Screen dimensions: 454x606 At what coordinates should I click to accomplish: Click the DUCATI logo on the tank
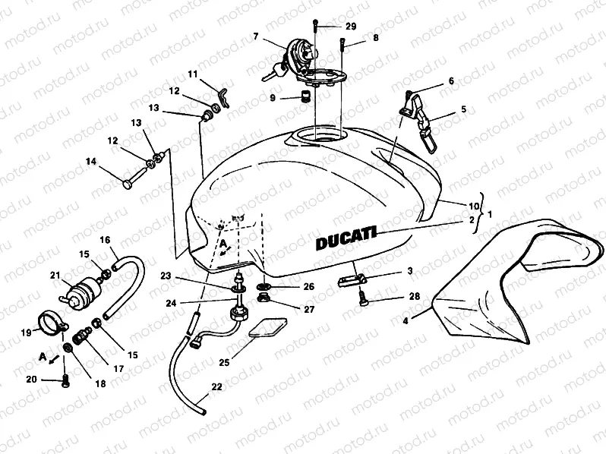(344, 240)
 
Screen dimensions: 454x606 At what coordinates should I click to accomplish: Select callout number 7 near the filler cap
(256, 36)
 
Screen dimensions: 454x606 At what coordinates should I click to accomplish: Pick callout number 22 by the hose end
(216, 387)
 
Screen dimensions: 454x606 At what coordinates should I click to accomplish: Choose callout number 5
(463, 109)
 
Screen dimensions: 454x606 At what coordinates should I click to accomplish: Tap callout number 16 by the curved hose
(106, 239)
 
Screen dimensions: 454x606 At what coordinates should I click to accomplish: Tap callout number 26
(308, 287)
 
